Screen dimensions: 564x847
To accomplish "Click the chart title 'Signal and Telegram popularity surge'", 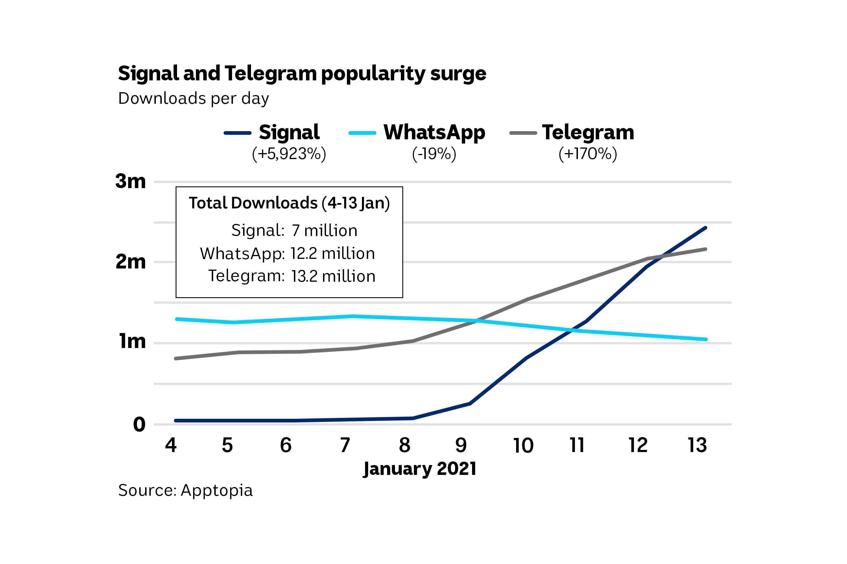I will coord(302,74).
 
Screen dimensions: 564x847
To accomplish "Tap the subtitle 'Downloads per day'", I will coord(193,98).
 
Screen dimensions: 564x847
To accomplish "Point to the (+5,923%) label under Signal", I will coord(289,154).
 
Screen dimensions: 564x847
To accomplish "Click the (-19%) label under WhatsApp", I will coord(434,154).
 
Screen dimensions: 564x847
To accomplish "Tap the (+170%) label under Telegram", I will coord(588,154).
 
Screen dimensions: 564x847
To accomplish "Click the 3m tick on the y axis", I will coord(130,181).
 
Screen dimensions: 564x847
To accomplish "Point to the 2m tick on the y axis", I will coord(130,262).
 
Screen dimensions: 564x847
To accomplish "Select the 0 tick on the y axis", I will coord(139,424).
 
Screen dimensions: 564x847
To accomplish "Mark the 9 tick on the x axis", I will coord(461,445).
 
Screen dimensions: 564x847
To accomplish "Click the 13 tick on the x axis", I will coord(697,445).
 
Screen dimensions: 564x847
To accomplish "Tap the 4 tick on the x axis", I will coord(171,445).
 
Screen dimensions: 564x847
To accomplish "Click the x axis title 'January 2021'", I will coord(420,469).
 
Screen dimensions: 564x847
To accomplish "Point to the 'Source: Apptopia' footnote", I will coord(185,490).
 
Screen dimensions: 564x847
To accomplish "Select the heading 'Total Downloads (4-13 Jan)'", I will coord(289,203).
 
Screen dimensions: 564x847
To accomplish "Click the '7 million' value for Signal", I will coord(324,231).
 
